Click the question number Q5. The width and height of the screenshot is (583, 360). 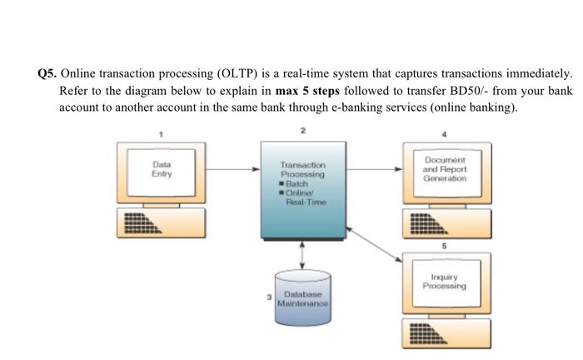(x=47, y=73)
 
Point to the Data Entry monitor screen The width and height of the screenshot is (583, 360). (x=162, y=170)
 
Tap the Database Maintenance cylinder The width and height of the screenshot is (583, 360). (x=302, y=298)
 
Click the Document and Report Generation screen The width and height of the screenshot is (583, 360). (x=444, y=172)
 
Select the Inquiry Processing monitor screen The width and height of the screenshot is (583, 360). (x=444, y=282)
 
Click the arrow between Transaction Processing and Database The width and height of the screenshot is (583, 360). (x=302, y=254)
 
